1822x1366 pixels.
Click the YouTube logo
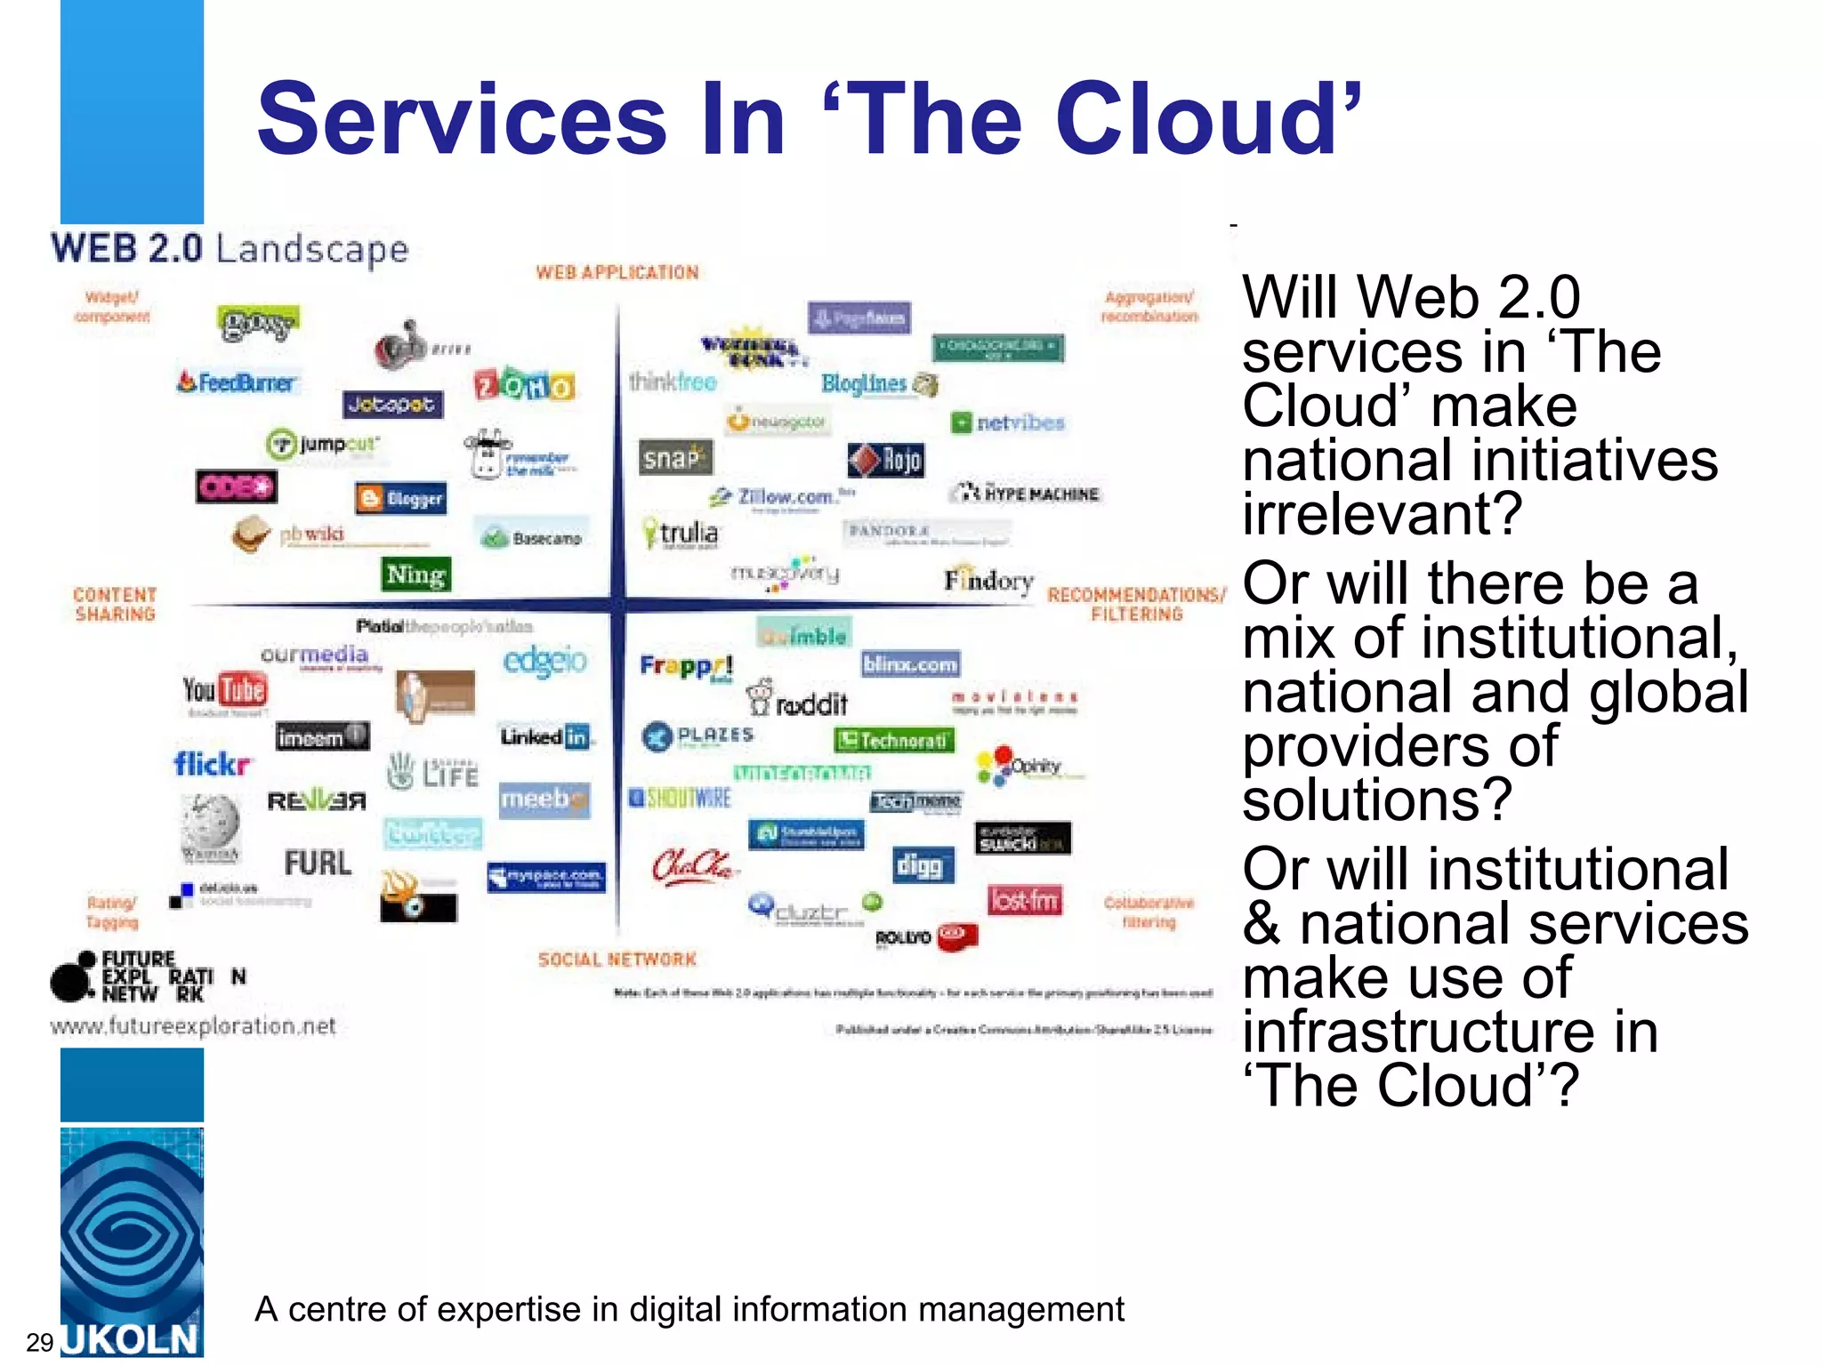click(225, 690)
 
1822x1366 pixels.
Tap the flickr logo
click(212, 764)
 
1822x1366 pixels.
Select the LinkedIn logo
click(545, 736)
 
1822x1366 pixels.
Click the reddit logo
click(798, 700)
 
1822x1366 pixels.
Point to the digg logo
click(923, 864)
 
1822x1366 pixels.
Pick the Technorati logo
click(894, 740)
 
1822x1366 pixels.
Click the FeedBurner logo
click(238, 382)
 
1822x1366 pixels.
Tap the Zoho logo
click(524, 385)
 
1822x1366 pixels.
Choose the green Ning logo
click(415, 575)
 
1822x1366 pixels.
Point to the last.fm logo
click(1024, 901)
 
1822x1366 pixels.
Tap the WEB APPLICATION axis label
click(617, 272)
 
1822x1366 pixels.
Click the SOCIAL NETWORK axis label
click(617, 959)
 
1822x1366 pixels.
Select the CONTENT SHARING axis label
click(115, 604)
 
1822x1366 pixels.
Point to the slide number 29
click(40, 1342)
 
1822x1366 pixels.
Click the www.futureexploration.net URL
click(193, 1026)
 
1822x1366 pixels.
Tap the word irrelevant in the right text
click(1382, 513)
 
